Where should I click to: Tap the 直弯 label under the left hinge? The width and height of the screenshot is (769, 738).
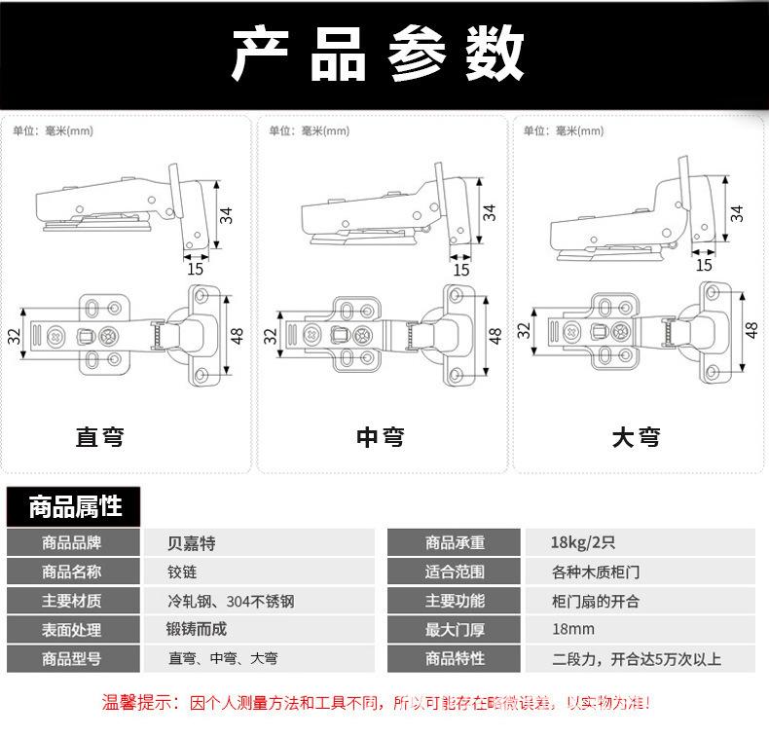click(x=100, y=437)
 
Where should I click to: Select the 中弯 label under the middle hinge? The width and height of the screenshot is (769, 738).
click(x=380, y=437)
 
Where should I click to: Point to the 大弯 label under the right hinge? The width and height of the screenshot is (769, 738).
click(x=636, y=437)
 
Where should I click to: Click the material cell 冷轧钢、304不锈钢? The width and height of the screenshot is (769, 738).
click(x=231, y=601)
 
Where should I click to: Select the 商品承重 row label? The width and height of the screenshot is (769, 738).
click(x=455, y=542)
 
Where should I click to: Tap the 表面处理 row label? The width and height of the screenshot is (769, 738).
click(x=71, y=630)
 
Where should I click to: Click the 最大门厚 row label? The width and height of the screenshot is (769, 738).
click(x=455, y=630)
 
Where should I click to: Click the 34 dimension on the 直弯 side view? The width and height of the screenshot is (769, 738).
click(x=227, y=214)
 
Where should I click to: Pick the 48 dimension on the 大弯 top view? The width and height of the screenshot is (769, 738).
click(x=751, y=330)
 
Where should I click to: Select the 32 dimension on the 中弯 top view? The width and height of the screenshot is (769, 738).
click(x=271, y=336)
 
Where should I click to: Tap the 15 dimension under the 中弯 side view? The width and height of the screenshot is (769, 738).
click(x=461, y=270)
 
